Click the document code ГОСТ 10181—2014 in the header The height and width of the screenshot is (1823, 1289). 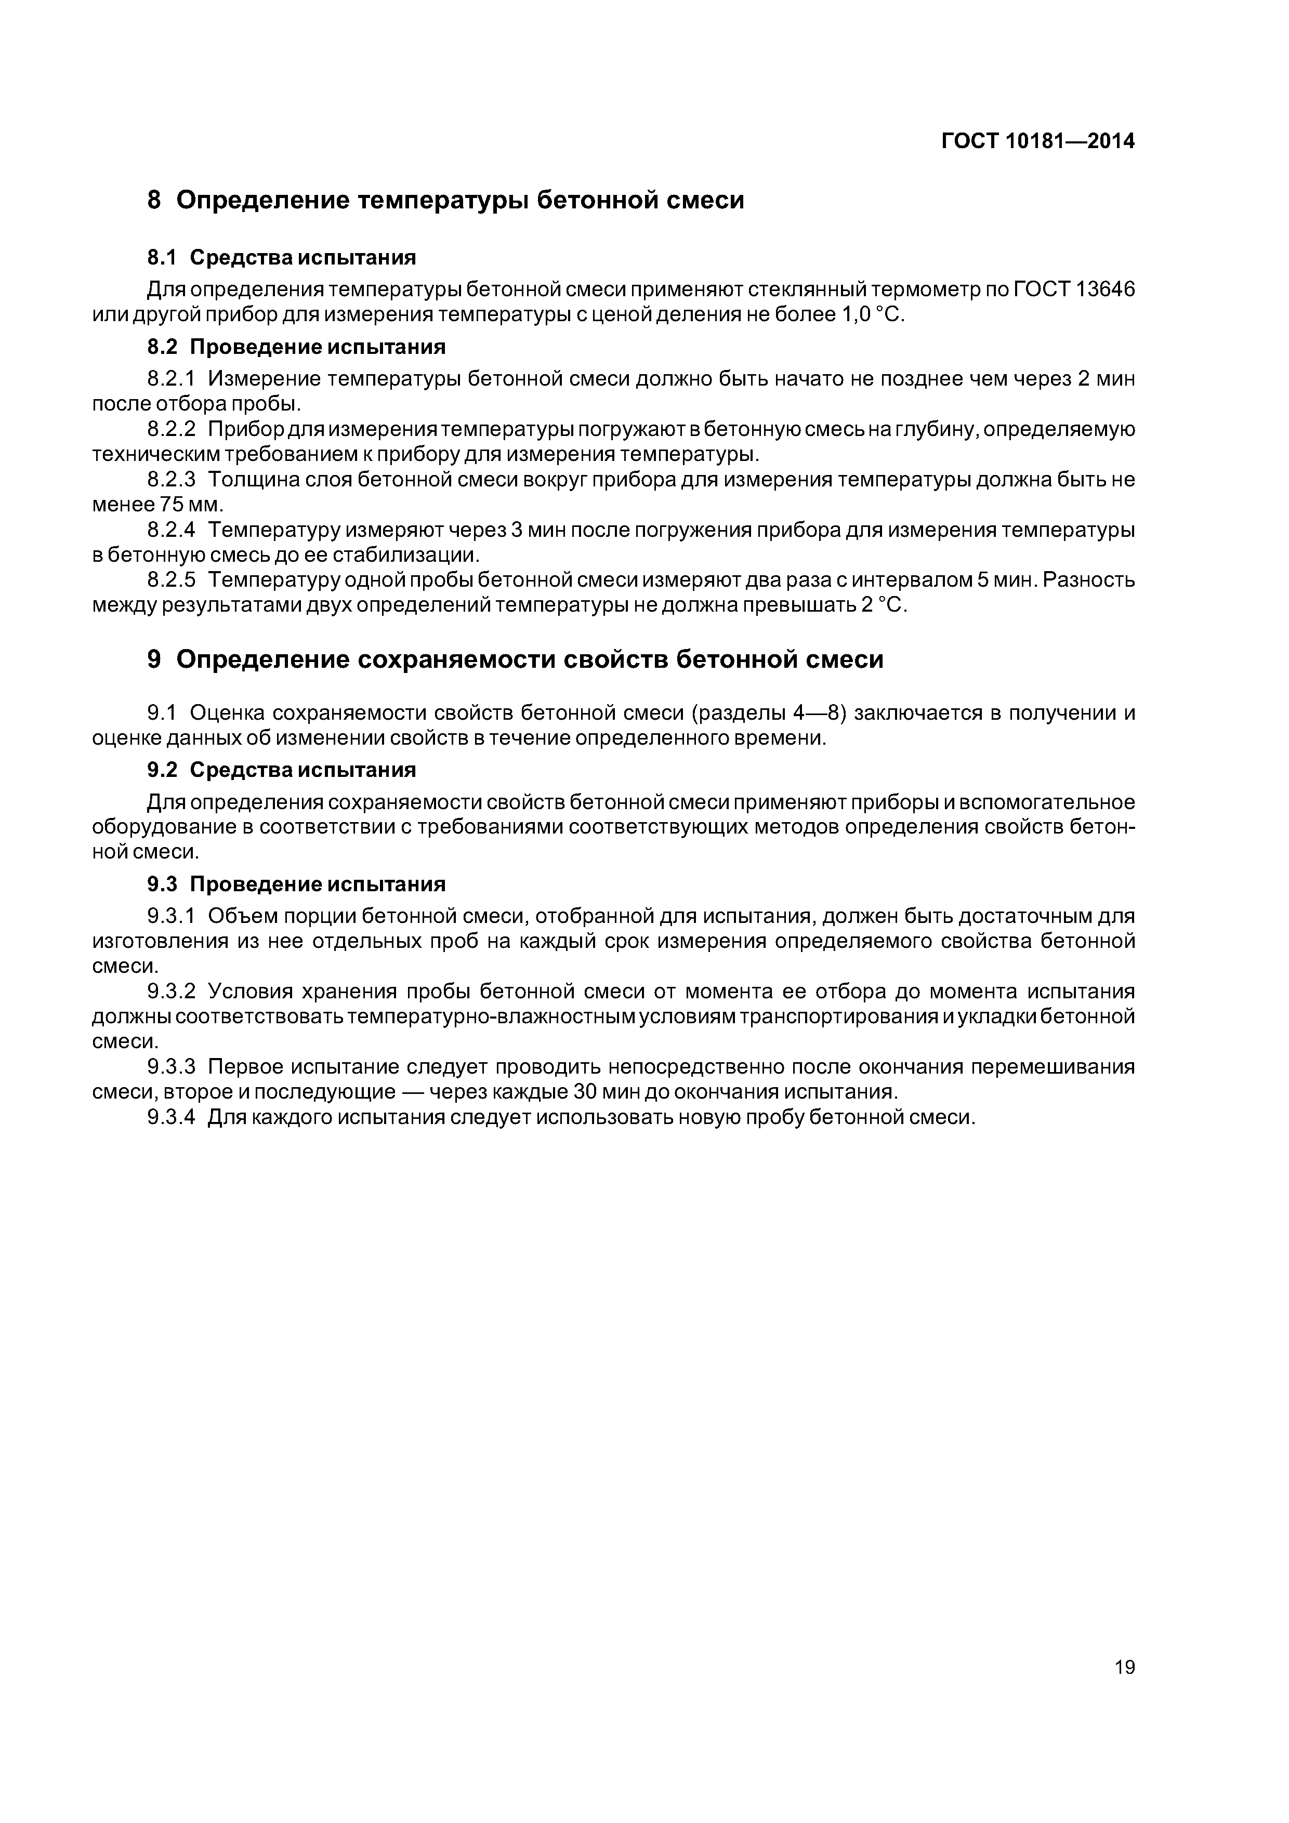pos(1038,141)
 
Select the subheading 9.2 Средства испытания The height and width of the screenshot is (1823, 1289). pos(281,770)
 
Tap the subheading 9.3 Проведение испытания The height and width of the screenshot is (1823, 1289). pos(296,884)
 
